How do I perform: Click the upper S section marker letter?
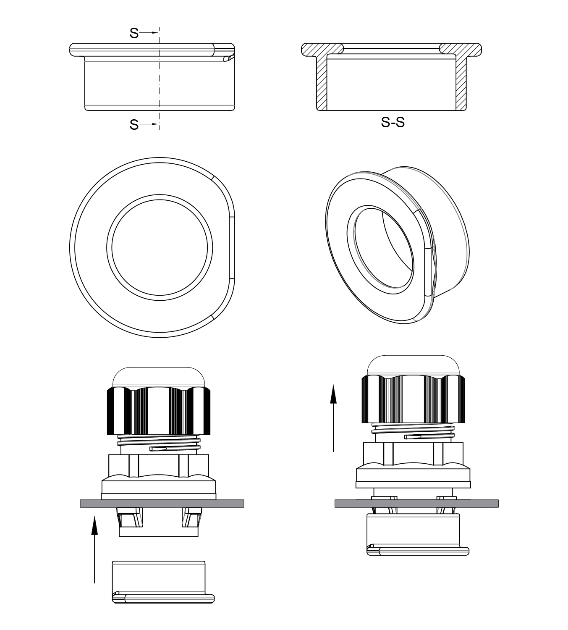pyautogui.click(x=134, y=33)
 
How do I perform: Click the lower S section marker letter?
pyautogui.click(x=134, y=125)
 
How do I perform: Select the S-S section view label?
pyautogui.click(x=393, y=122)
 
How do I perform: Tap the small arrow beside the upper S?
pyautogui.click(x=148, y=33)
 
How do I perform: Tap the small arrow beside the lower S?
pyautogui.click(x=148, y=124)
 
